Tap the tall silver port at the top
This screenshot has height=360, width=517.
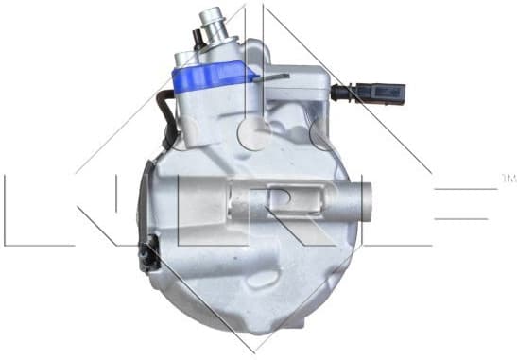coord(214,28)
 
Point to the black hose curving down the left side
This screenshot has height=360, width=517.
coord(167,113)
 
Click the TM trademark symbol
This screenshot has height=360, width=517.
coord(508,178)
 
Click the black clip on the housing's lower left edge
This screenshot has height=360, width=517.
coord(147,254)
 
